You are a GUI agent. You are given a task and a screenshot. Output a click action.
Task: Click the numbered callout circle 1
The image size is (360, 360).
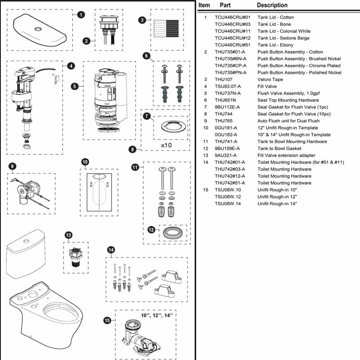(80, 15)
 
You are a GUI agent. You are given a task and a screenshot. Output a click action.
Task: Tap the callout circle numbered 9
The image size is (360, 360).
(12, 166)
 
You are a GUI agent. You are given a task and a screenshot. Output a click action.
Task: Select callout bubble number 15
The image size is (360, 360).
(107, 320)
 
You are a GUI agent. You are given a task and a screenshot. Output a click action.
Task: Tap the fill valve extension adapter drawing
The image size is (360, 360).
(75, 256)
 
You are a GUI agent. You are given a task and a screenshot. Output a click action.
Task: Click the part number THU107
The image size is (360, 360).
(223, 79)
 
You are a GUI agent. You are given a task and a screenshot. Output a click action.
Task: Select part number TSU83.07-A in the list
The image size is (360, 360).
(228, 86)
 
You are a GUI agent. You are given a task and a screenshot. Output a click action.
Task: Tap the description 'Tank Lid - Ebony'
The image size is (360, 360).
(275, 45)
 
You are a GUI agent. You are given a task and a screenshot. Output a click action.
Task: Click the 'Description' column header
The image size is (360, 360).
(272, 5)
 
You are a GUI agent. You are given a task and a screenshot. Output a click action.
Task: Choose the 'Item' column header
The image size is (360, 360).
(204, 5)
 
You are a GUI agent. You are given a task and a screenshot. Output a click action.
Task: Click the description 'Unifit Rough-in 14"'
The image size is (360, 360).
(277, 203)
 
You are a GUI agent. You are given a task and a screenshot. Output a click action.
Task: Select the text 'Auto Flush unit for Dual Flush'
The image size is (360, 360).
(288, 121)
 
